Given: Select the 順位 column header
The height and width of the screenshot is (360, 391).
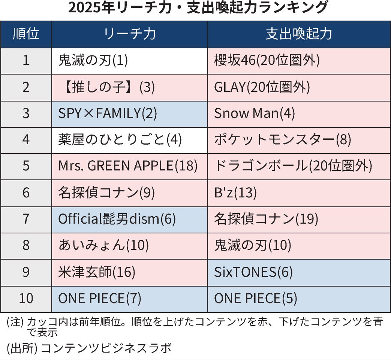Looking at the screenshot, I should (x=26, y=34).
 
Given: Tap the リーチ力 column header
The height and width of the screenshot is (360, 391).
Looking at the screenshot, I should (x=129, y=34).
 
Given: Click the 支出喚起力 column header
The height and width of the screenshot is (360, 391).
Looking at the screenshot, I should (x=299, y=34).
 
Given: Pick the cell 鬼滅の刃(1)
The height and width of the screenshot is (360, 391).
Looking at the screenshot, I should (x=129, y=61).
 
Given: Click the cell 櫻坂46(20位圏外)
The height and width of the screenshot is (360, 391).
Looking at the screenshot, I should (x=299, y=61).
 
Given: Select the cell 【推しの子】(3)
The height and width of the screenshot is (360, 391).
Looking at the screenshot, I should (x=129, y=87).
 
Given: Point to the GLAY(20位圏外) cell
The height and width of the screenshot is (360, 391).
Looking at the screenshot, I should (x=299, y=87).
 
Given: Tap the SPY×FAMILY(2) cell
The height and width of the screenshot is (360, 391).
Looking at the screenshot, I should (x=129, y=114).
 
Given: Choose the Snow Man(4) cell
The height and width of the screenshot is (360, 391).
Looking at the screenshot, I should (x=299, y=114).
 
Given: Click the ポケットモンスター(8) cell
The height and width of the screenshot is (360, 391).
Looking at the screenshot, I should (x=299, y=140).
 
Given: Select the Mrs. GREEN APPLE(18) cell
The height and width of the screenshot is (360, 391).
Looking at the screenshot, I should (x=129, y=166).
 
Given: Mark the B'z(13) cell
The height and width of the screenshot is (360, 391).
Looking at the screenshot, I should (x=299, y=193).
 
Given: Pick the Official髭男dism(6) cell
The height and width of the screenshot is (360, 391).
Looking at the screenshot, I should (x=129, y=219).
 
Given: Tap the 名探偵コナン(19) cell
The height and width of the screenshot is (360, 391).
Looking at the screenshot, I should (x=299, y=219).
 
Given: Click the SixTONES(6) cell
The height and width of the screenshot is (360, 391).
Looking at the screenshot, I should (x=299, y=272).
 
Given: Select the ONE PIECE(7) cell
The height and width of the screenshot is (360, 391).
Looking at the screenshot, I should (x=129, y=299).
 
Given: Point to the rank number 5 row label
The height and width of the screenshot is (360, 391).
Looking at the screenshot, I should (x=26, y=166).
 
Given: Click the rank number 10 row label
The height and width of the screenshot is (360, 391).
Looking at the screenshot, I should (x=26, y=299).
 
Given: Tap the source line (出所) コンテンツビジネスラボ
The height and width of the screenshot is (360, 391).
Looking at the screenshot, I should (x=89, y=348).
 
